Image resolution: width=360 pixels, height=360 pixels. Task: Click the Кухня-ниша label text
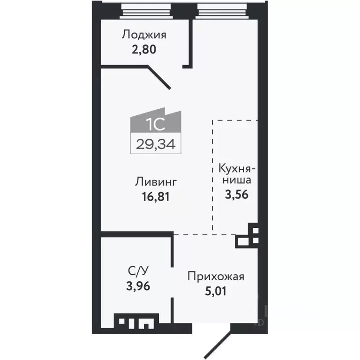(x=236, y=174)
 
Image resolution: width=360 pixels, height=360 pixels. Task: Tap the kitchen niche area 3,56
(x=236, y=194)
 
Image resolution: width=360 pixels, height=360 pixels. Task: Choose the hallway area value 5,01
(x=216, y=291)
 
